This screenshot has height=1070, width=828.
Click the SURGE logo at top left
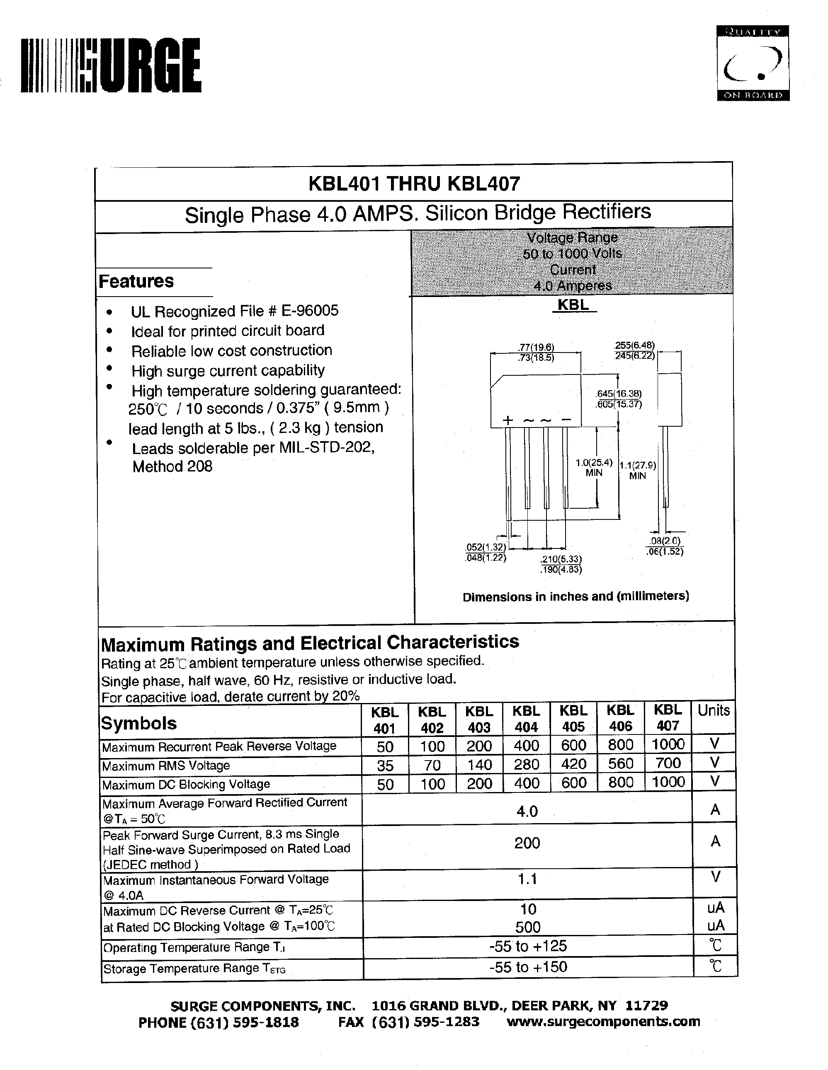point(111,65)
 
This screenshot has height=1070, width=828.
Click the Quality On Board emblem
point(753,63)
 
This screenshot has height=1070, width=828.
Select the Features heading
point(136,282)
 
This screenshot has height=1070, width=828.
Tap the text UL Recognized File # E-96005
point(234,311)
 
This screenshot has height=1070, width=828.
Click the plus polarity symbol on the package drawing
point(508,420)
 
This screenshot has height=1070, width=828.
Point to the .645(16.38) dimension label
point(618,394)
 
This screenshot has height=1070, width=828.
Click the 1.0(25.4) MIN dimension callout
point(594,468)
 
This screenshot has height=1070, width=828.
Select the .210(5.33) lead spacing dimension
point(561,559)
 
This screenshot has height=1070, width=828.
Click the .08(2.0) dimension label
point(665,541)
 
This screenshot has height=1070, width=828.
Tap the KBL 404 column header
point(526,719)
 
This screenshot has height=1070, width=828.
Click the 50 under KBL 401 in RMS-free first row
point(385,746)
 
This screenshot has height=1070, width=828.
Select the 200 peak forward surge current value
point(527,843)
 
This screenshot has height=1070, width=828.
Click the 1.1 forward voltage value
point(527,879)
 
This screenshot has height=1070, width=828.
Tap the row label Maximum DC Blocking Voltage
point(186,784)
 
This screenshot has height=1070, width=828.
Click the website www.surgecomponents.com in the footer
point(603,1022)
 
